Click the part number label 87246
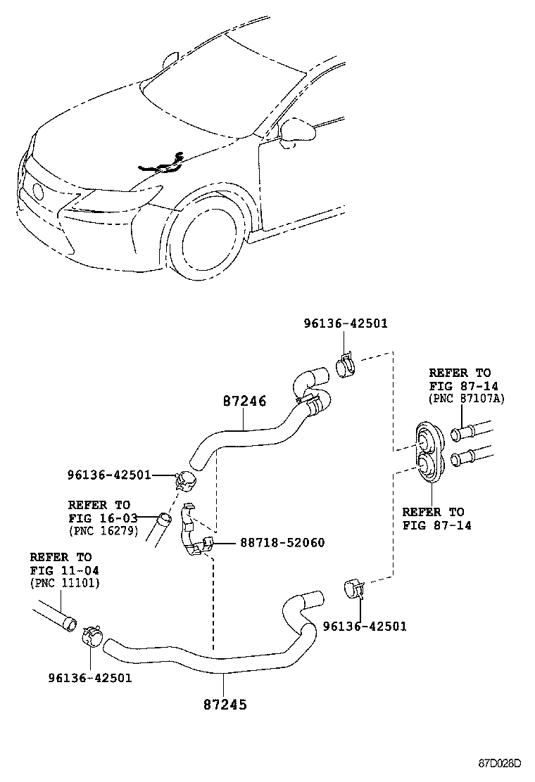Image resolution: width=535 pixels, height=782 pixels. (x=244, y=402)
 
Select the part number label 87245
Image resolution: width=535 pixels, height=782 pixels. (x=225, y=703)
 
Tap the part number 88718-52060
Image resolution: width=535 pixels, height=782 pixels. (x=282, y=543)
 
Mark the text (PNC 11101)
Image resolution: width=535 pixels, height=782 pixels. (x=65, y=583)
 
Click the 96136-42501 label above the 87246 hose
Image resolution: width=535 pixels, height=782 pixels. (x=346, y=323)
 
